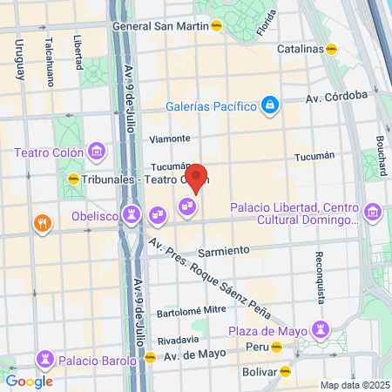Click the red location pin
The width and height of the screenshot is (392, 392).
pyautogui.click(x=197, y=177)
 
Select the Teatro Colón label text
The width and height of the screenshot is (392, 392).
pyautogui.click(x=48, y=152)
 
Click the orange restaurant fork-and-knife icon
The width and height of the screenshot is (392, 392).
pyautogui.click(x=41, y=224)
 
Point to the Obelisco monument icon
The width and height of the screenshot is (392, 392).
pyautogui.click(x=132, y=213)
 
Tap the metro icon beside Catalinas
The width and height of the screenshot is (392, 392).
pyautogui.click(x=331, y=49)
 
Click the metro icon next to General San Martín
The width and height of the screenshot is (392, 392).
pyautogui.click(x=215, y=25)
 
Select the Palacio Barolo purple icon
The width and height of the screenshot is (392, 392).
pyautogui.click(x=44, y=358)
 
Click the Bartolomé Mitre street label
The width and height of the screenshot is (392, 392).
pyautogui.click(x=192, y=310)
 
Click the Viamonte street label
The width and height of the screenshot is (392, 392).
pyautogui.click(x=170, y=139)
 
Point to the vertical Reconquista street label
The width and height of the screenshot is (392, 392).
pyautogui.click(x=320, y=279)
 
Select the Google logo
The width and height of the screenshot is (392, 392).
pyautogui.click(x=29, y=381)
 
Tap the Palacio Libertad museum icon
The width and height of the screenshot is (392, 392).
pyautogui.click(x=374, y=213)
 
